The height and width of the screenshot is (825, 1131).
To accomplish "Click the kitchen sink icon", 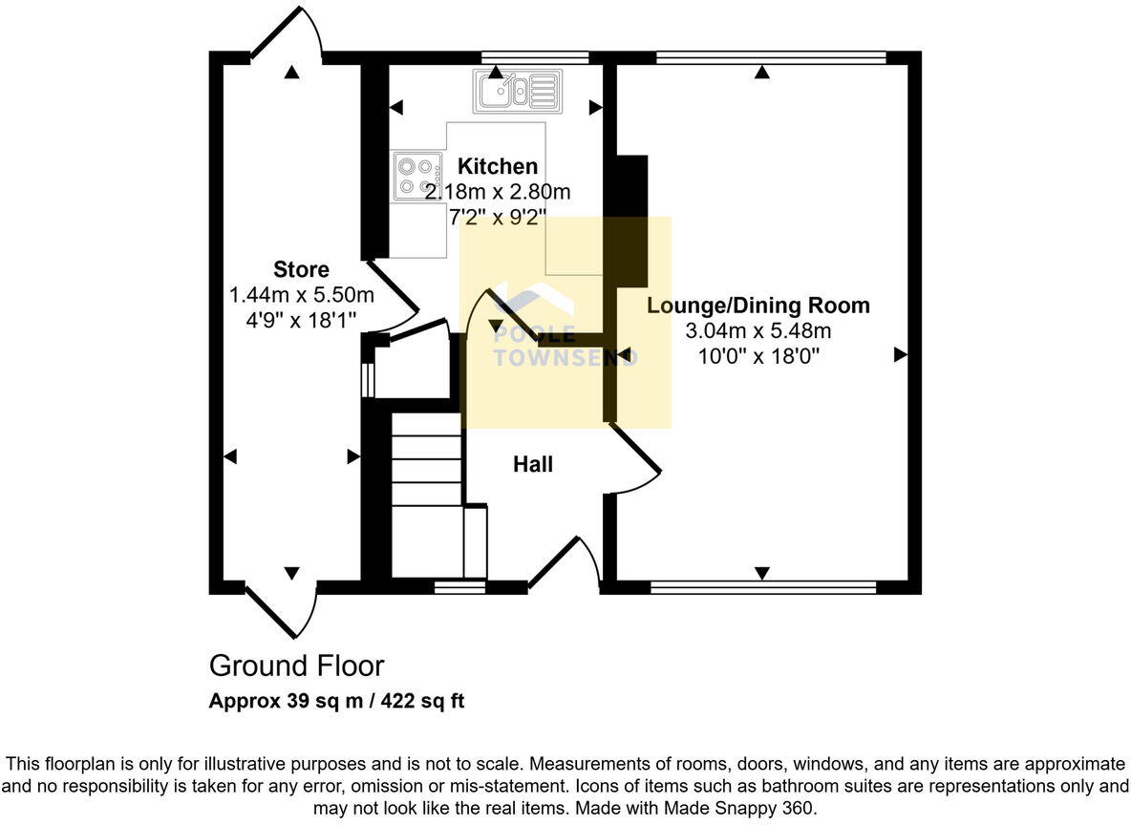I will click(x=517, y=92).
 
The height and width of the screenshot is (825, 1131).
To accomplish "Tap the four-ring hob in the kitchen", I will click(x=416, y=177).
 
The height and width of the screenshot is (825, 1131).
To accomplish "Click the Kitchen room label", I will click(x=497, y=166).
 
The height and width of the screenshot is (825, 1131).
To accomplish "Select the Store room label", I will click(x=301, y=269).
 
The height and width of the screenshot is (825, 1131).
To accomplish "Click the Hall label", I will click(x=533, y=465).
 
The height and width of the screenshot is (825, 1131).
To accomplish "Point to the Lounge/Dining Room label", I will click(x=758, y=306).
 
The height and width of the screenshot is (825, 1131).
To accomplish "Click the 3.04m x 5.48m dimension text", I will click(x=758, y=331).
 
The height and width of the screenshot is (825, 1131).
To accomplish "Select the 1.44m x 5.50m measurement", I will click(x=301, y=295).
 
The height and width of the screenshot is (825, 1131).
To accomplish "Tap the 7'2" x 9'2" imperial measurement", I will click(x=497, y=217).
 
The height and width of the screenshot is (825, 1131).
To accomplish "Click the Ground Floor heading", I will click(x=296, y=666).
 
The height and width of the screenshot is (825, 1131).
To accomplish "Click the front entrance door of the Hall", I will click(x=564, y=563).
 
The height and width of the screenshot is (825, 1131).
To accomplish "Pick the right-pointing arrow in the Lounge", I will click(x=899, y=355).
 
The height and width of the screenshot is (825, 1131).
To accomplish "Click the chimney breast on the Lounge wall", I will click(x=630, y=220).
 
